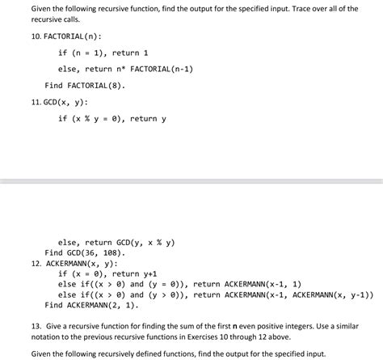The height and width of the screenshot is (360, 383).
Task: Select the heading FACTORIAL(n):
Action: [57, 36]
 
